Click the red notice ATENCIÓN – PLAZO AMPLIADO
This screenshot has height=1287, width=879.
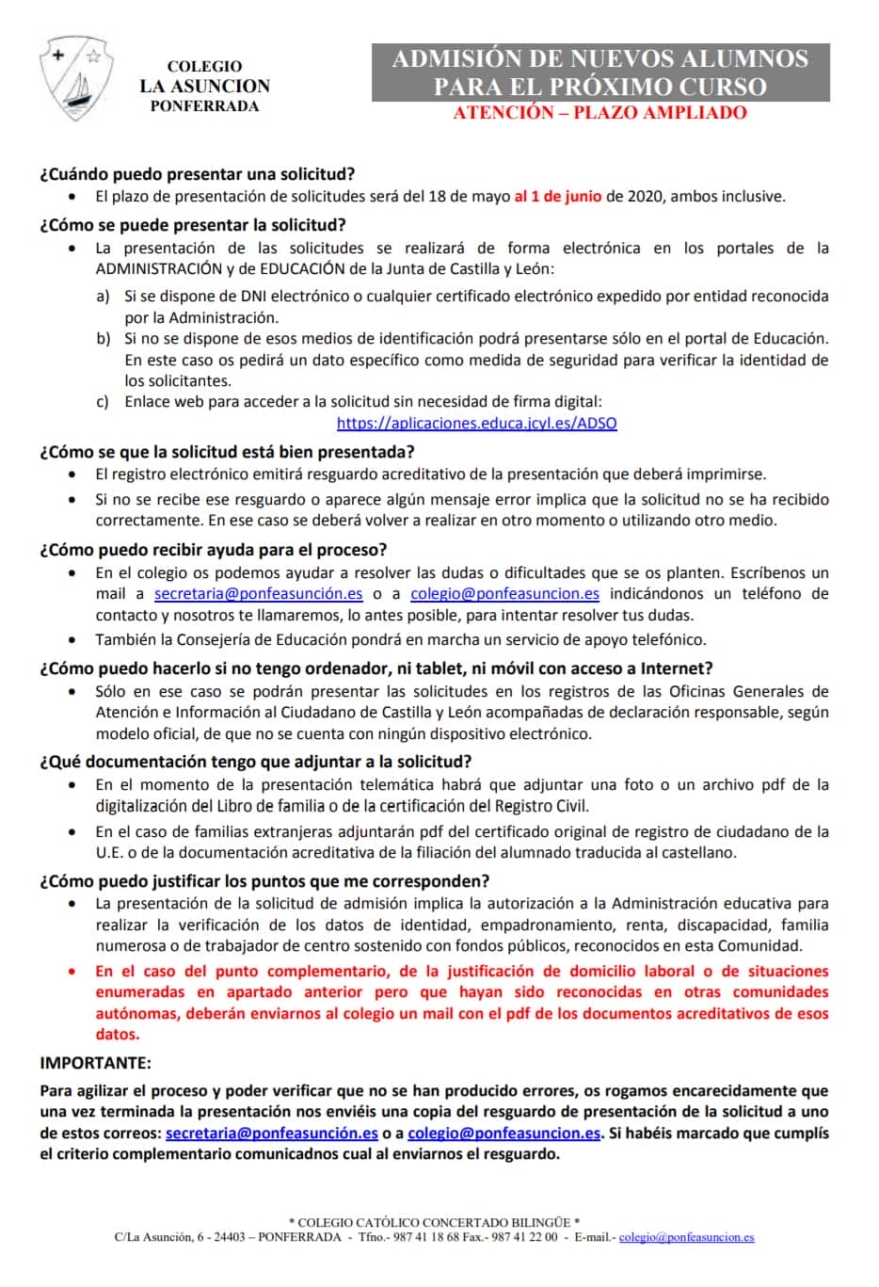(599, 113)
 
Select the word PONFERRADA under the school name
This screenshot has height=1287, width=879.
(204, 105)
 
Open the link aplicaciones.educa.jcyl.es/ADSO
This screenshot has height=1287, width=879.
(476, 424)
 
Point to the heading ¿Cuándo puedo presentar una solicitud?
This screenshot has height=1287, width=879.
(197, 174)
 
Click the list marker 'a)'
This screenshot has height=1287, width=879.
(103, 297)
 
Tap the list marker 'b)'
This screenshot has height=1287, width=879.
(103, 339)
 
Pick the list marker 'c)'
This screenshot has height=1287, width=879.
(103, 402)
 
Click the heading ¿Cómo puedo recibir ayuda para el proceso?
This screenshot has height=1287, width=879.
(213, 550)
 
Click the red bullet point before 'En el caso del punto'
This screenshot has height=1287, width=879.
(73, 971)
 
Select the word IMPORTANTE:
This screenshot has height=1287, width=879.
(95, 1063)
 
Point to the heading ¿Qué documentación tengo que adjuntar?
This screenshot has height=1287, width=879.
(255, 762)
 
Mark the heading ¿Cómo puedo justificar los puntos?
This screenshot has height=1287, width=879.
(264, 881)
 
